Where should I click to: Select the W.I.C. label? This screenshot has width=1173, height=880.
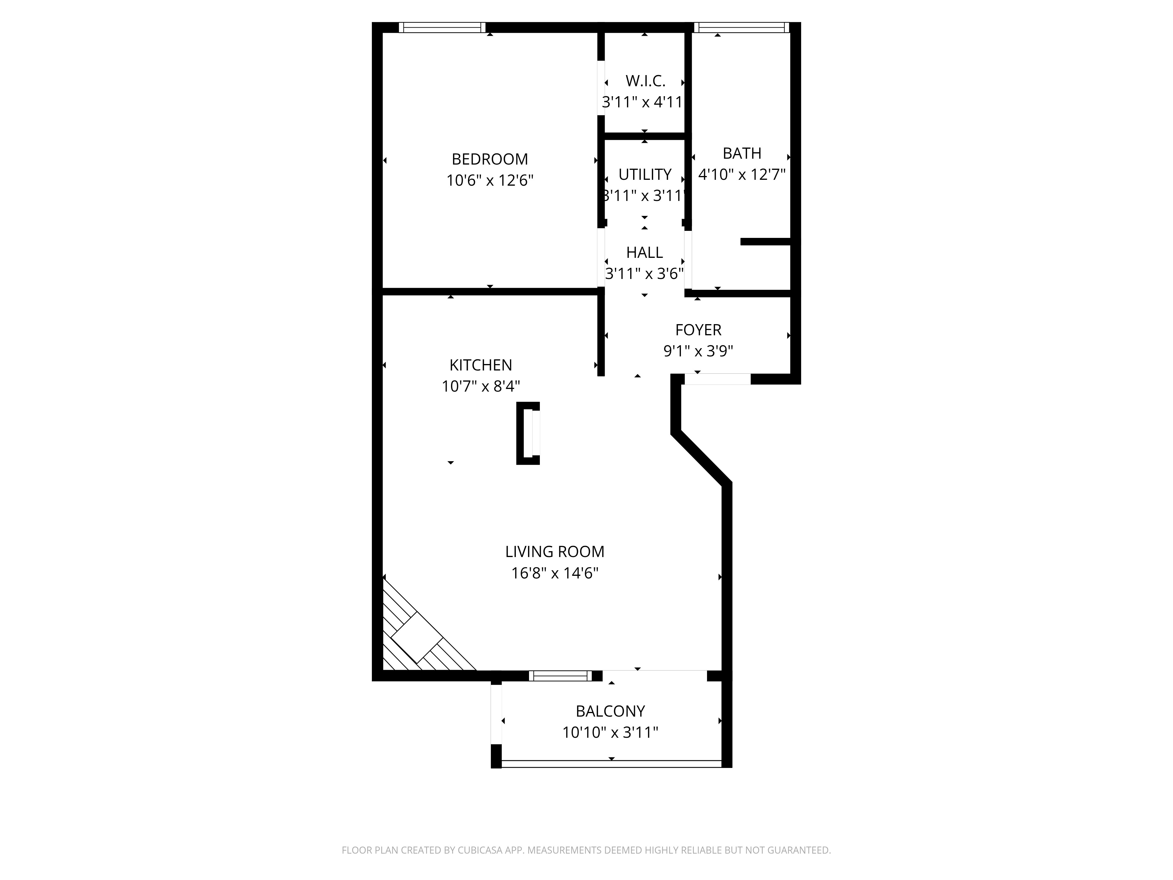click(x=645, y=81)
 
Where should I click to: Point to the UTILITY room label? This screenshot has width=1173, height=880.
click(x=645, y=175)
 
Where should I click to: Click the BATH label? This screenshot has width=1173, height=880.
click(x=742, y=153)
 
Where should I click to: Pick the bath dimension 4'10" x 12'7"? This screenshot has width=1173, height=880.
click(x=742, y=175)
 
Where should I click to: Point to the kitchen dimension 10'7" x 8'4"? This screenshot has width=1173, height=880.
click(x=480, y=386)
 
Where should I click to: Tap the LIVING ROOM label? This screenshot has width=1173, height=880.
click(x=555, y=552)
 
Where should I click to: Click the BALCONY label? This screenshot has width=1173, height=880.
click(x=610, y=711)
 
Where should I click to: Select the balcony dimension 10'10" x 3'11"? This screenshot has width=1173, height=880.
click(x=610, y=732)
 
